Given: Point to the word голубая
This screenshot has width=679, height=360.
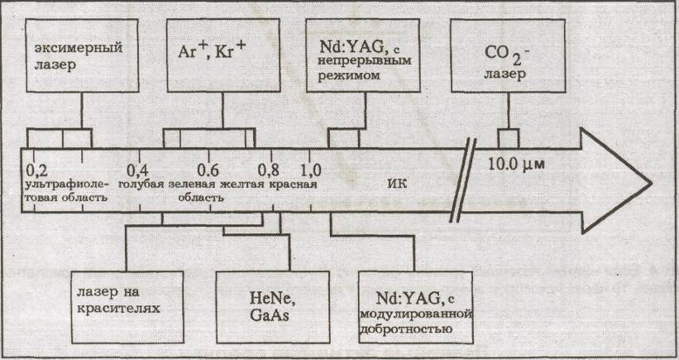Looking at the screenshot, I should click(141, 184).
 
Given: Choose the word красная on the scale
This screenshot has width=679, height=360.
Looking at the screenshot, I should click(294, 184).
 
